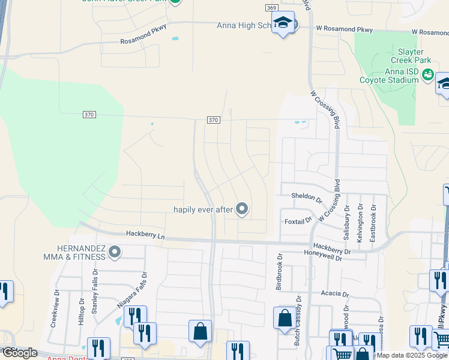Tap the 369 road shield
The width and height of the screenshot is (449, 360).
(x=271, y=7)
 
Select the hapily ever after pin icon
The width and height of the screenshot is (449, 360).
(x=242, y=209)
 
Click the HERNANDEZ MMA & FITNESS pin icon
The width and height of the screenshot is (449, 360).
(x=115, y=252)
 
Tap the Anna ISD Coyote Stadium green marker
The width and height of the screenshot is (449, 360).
(x=427, y=74)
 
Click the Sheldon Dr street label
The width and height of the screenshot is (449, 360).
(x=307, y=196)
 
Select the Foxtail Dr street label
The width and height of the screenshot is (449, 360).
(x=298, y=221)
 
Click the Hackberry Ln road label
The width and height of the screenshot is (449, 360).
(x=145, y=235)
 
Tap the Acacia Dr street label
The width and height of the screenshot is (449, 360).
(x=334, y=294)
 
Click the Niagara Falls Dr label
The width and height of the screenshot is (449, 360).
(x=131, y=287)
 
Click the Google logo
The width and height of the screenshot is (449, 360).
(x=19, y=353)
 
